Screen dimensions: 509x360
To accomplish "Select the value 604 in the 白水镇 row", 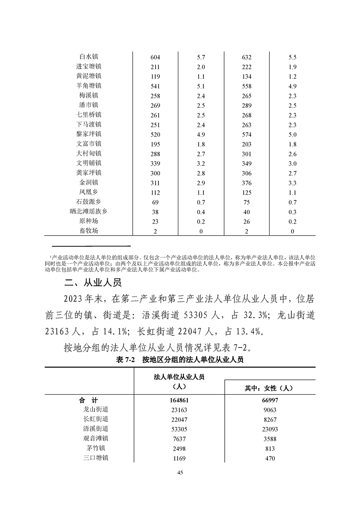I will point(155,57).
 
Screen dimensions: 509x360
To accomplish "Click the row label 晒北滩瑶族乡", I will point(89,211).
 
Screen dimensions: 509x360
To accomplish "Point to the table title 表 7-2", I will point(127,360).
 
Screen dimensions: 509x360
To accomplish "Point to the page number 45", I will point(180,473).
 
